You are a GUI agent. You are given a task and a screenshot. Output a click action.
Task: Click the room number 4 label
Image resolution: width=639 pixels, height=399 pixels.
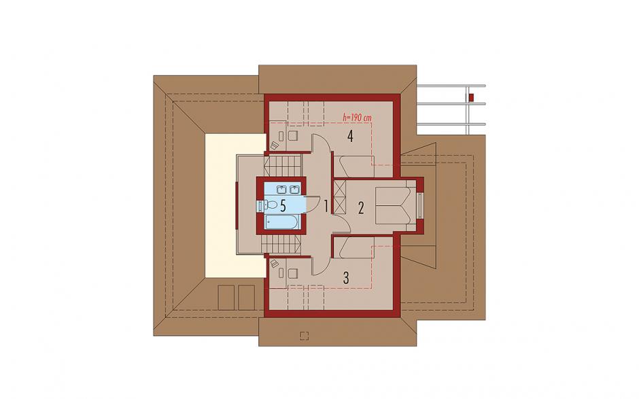click(349, 136)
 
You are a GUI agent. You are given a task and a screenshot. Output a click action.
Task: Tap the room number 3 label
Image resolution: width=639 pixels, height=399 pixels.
click(346, 278)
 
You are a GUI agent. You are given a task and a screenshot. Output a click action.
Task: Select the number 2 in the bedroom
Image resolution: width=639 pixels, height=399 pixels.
click(361, 208)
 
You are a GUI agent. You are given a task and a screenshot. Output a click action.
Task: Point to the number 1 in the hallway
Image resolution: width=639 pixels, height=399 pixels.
click(326, 206)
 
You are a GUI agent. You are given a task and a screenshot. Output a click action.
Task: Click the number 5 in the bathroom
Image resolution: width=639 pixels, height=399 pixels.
click(283, 206)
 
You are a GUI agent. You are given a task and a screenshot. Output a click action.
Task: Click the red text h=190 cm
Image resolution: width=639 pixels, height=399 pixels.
click(358, 118)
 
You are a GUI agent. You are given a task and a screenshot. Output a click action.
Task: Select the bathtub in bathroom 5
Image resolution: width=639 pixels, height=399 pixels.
click(283, 222)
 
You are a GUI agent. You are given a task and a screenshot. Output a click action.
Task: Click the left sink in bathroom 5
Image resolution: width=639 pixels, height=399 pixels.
click(282, 189)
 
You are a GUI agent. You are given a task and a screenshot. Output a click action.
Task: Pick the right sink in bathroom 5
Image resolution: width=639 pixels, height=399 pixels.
click(294, 189)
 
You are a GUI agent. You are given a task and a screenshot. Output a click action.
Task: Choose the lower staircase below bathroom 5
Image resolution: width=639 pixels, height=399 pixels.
click(281, 245)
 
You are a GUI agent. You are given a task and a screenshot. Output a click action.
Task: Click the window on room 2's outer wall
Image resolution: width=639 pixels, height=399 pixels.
click(419, 206)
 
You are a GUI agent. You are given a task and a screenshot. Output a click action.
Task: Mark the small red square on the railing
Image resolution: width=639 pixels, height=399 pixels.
click(471, 97)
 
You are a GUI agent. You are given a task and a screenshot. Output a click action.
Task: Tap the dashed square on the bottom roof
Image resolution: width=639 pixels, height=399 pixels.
click(304, 335)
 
